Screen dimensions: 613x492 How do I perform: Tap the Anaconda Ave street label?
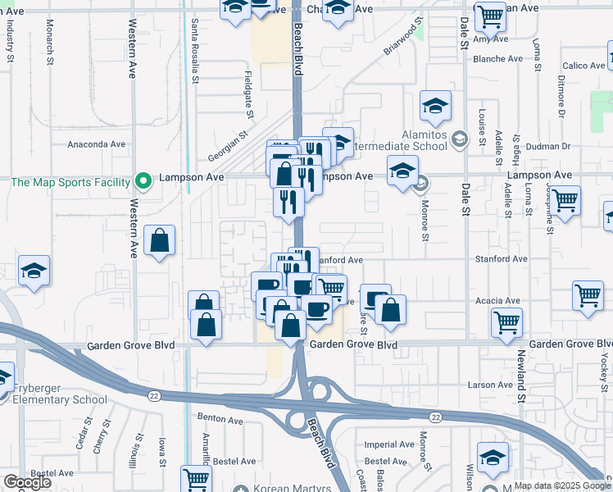97,143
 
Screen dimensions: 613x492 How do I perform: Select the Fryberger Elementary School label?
58,400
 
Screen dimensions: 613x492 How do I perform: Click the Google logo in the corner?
27,482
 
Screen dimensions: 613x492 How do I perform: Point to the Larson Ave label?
490,385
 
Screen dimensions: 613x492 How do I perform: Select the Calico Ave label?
583,66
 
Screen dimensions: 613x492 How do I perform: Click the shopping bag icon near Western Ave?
160,242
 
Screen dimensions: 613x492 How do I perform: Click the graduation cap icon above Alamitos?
435,105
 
